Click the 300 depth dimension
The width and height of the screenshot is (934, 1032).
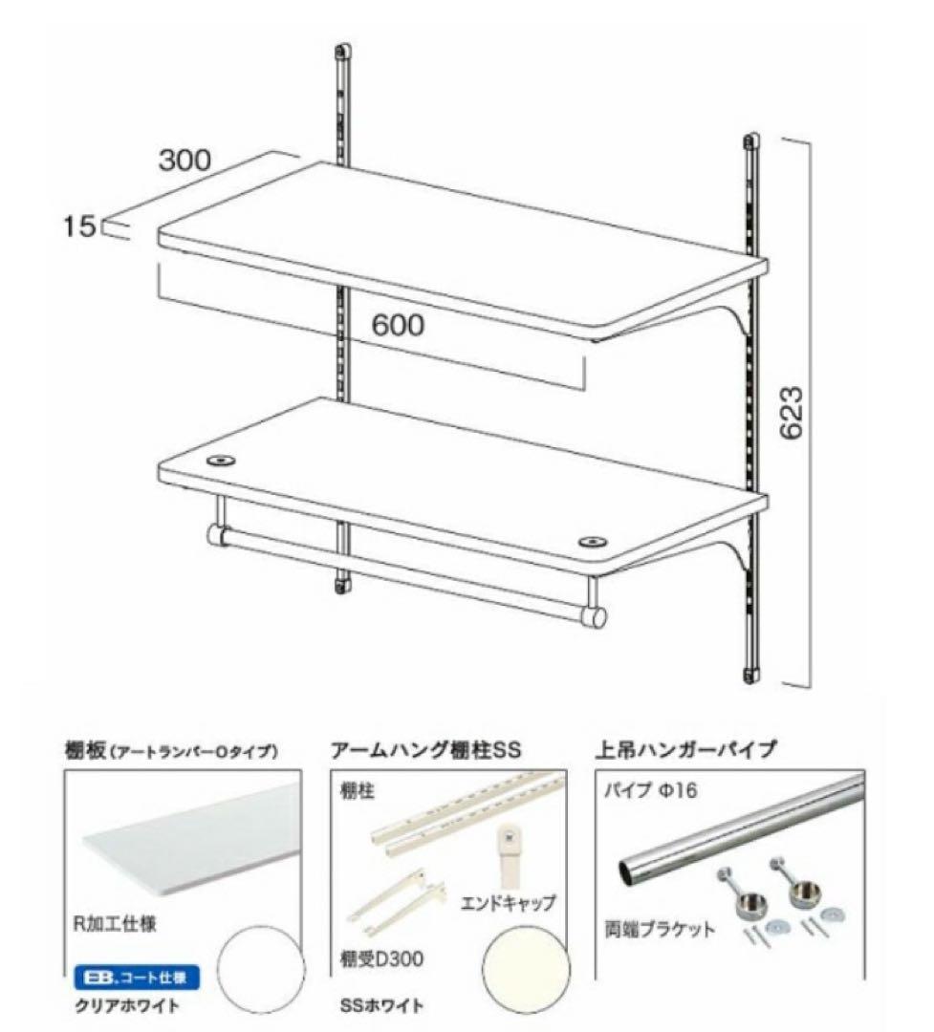pos(184,161)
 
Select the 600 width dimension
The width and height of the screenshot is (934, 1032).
pos(398,325)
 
